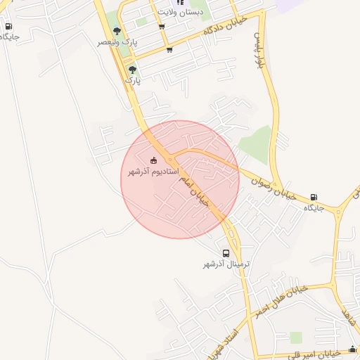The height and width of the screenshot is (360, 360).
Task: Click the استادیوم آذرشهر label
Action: pos(153,172)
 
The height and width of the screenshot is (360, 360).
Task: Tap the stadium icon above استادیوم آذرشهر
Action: pos(155,160)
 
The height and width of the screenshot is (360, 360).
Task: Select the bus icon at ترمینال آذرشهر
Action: pos(226,253)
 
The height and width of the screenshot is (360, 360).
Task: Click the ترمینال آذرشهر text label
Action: pos(227,264)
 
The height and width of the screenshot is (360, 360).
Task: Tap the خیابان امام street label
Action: pos(193,190)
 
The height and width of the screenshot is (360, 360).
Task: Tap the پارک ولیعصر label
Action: pos(117,43)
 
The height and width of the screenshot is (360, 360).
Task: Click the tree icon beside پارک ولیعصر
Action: pos(117,31)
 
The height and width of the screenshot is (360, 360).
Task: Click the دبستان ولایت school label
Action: pos(181,12)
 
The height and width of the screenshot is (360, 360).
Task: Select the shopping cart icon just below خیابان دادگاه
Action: pos(169,50)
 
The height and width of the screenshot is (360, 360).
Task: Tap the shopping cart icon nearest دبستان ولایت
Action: pos(162,27)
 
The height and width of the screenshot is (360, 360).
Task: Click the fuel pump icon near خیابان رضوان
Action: pos(314,198)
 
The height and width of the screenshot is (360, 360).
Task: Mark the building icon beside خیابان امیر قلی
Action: pos(352,349)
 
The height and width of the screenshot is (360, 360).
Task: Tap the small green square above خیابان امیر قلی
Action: pos(296,337)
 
